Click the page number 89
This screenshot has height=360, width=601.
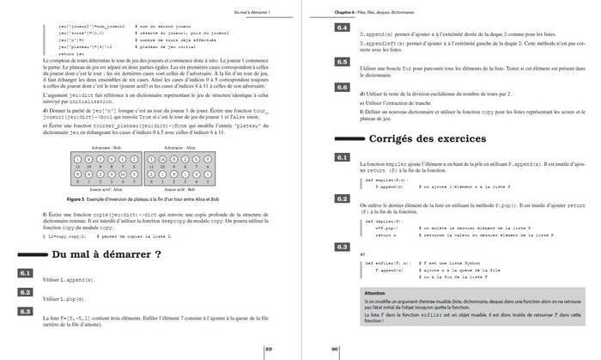(269, 348)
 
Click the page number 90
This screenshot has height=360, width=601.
(334, 348)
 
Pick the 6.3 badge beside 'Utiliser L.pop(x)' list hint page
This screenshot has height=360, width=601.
(26, 311)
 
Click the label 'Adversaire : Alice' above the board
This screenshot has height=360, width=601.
(190, 149)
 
